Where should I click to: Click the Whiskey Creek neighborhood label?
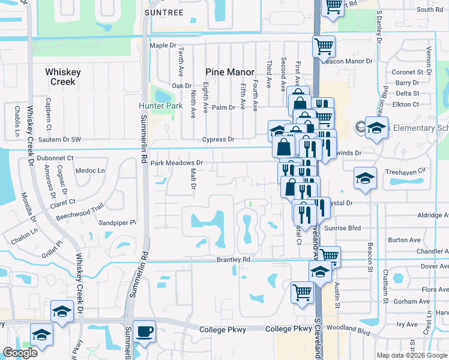click(63, 77)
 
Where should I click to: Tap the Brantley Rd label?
click(233, 260)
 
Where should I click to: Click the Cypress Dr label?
click(217, 139)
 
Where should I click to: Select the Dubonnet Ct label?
click(55, 158)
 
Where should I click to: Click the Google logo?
click(20, 353)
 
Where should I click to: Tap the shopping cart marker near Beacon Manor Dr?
click(324, 45)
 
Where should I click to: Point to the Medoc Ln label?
click(92, 170)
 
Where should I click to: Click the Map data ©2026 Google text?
click(410, 355)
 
